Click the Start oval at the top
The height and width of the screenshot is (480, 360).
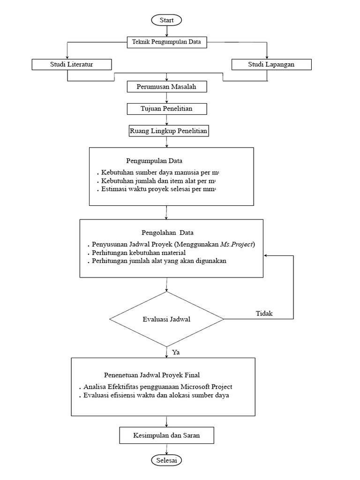[166, 20]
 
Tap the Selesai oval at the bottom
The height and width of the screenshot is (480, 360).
[166, 460]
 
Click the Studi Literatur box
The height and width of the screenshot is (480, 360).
[72, 64]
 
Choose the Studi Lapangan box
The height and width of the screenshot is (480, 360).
[271, 64]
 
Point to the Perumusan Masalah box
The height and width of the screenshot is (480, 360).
[166, 87]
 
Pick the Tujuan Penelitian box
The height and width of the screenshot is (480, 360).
[166, 109]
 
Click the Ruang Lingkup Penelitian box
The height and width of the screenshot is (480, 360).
[168, 131]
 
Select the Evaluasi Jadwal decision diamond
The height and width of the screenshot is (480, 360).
[166, 319]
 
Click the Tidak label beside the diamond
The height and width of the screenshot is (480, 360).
[264, 314]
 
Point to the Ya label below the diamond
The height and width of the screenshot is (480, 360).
[176, 352]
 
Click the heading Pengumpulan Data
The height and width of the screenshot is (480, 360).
[148, 161]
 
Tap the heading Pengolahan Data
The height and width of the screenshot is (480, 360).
[167, 232]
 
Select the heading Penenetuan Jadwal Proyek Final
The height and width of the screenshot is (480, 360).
[152, 375]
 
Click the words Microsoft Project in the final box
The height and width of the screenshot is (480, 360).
[207, 387]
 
